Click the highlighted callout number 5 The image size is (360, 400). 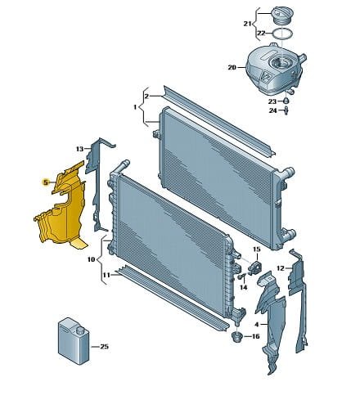click(46, 182)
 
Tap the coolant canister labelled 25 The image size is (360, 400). click(74, 340)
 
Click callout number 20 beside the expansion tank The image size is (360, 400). click(232, 67)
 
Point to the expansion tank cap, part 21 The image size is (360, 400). click(282, 16)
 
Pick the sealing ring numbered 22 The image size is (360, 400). click(282, 34)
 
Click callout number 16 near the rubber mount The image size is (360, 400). click(255, 336)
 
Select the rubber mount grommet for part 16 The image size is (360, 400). click(237, 338)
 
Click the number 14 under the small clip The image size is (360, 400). click(244, 287)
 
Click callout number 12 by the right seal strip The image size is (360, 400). click(281, 268)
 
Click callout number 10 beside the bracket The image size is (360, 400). click(91, 259)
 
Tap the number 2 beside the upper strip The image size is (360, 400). click(146, 97)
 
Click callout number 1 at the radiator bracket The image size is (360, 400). click(135, 107)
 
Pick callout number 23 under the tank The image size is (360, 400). click(272, 101)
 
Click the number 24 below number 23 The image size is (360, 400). click(272, 110)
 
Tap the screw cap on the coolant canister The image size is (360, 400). click(80, 330)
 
